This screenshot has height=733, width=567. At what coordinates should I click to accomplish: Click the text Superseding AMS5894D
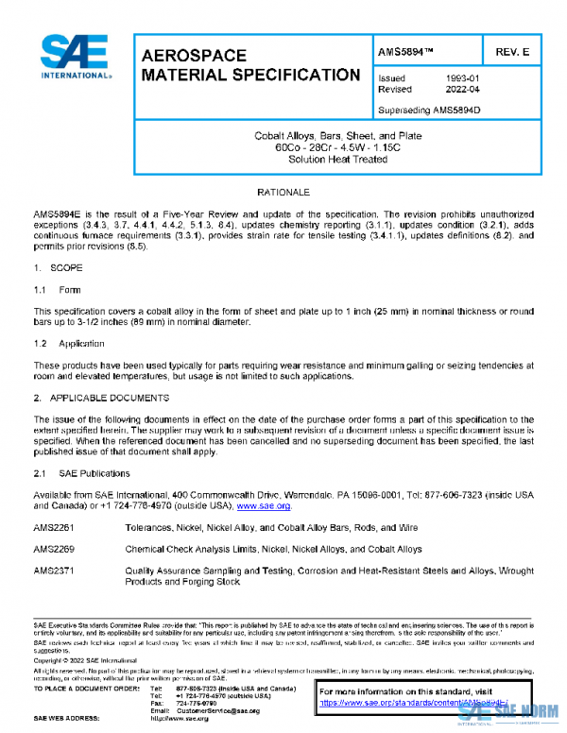coord(429,110)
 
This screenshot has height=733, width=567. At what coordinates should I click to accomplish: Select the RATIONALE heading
coord(283,193)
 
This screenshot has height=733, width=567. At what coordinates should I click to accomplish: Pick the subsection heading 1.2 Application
coord(68,344)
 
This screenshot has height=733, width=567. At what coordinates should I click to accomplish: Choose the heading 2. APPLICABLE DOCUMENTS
coord(101,398)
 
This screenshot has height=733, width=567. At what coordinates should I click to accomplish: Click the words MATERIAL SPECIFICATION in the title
coord(250,75)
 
